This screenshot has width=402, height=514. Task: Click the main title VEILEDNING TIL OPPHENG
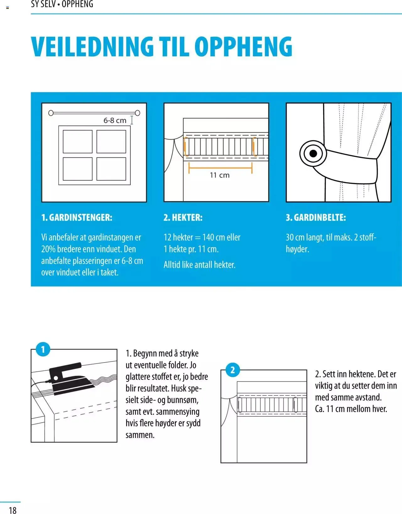(x=162, y=46)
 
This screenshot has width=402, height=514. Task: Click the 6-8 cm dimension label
(x=115, y=120)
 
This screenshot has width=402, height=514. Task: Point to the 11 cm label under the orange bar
(x=220, y=175)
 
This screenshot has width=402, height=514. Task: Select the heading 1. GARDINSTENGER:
(x=77, y=217)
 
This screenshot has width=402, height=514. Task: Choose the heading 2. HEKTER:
(x=183, y=217)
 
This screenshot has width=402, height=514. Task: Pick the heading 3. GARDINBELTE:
(x=316, y=217)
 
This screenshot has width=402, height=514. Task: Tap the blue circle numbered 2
(x=232, y=370)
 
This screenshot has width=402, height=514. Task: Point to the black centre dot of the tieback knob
(x=313, y=154)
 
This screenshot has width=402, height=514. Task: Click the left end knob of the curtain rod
(x=51, y=113)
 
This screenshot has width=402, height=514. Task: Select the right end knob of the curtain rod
(x=138, y=113)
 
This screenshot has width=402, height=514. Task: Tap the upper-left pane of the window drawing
(x=78, y=142)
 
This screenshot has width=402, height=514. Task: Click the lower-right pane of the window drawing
(x=111, y=169)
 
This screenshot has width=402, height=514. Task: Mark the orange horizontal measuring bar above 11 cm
(x=220, y=168)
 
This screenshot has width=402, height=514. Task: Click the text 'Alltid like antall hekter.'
(x=199, y=265)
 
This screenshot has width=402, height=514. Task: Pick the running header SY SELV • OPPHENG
(x=62, y=4)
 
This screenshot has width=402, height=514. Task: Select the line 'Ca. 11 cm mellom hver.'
(x=351, y=409)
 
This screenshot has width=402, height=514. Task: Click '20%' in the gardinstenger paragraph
(x=48, y=249)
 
